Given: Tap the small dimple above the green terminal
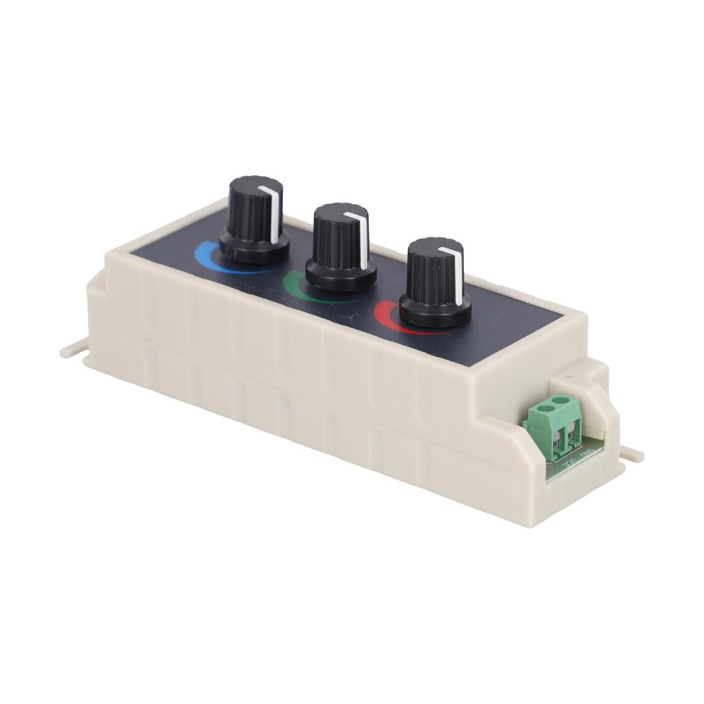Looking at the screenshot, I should (x=567, y=376).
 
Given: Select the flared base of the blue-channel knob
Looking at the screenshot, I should (x=253, y=246).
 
